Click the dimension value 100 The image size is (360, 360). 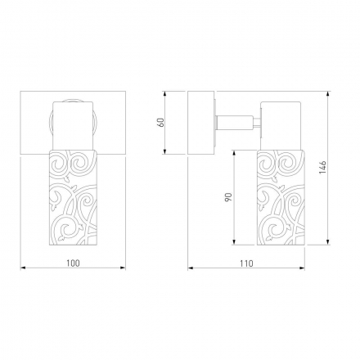tap(74, 263)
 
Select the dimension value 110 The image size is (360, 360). tap(246, 263)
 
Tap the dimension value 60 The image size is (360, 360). tap(161, 123)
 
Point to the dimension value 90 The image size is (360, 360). tap(228, 197)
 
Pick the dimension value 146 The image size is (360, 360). tap(323, 168)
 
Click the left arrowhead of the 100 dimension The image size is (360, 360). tap(23, 268)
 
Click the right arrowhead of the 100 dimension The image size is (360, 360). tap(124, 268)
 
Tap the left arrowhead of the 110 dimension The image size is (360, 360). tap(191, 268)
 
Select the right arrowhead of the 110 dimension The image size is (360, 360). tap(302, 268)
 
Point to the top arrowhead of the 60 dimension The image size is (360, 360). tap(164, 93)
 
